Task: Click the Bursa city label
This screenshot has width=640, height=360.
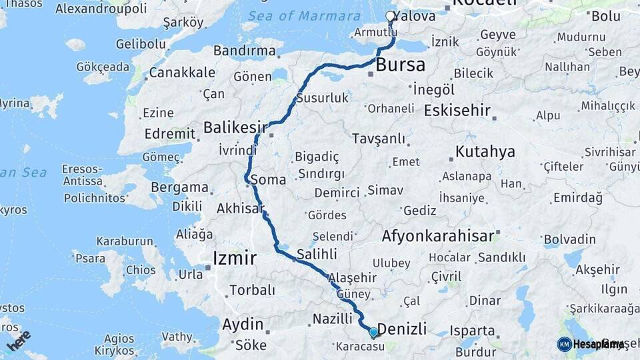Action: click(x=401, y=65)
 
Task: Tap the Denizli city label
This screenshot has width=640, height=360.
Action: click(x=402, y=328)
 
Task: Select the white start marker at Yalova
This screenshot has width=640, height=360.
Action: click(x=390, y=16)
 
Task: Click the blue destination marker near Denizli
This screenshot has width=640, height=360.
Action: click(x=373, y=331)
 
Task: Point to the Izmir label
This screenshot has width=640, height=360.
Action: click(x=234, y=258)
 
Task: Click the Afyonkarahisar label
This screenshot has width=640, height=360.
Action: click(x=437, y=235)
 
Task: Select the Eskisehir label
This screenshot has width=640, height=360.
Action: click(x=457, y=111)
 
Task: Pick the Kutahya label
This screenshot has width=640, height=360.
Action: click(x=485, y=152)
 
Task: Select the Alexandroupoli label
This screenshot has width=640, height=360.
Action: click(x=101, y=9)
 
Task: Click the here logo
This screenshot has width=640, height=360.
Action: click(x=18, y=340)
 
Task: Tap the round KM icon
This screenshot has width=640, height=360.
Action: click(x=564, y=344)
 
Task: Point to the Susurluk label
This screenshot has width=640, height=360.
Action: click(x=322, y=98)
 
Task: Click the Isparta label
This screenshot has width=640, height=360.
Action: click(x=472, y=331)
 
